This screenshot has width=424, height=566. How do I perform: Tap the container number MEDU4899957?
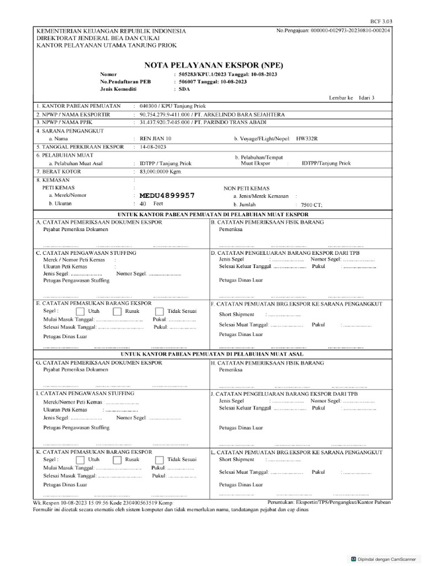coord(167,196)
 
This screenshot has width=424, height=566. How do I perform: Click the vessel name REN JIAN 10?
coord(156,138)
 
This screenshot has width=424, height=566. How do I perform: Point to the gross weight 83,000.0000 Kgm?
coord(161,172)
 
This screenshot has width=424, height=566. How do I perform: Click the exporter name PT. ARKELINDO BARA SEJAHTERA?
coord(242,114)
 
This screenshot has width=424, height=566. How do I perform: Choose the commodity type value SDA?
coord(183,88)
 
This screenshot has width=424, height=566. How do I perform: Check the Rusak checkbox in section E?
coord(117,312)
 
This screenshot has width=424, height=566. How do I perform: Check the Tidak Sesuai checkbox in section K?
coord(160,460)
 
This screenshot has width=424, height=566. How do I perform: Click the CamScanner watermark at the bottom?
coord(384,559)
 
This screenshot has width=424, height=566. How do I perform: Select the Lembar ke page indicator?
coord(351,97)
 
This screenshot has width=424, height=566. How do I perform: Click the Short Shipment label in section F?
coord(236,314)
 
